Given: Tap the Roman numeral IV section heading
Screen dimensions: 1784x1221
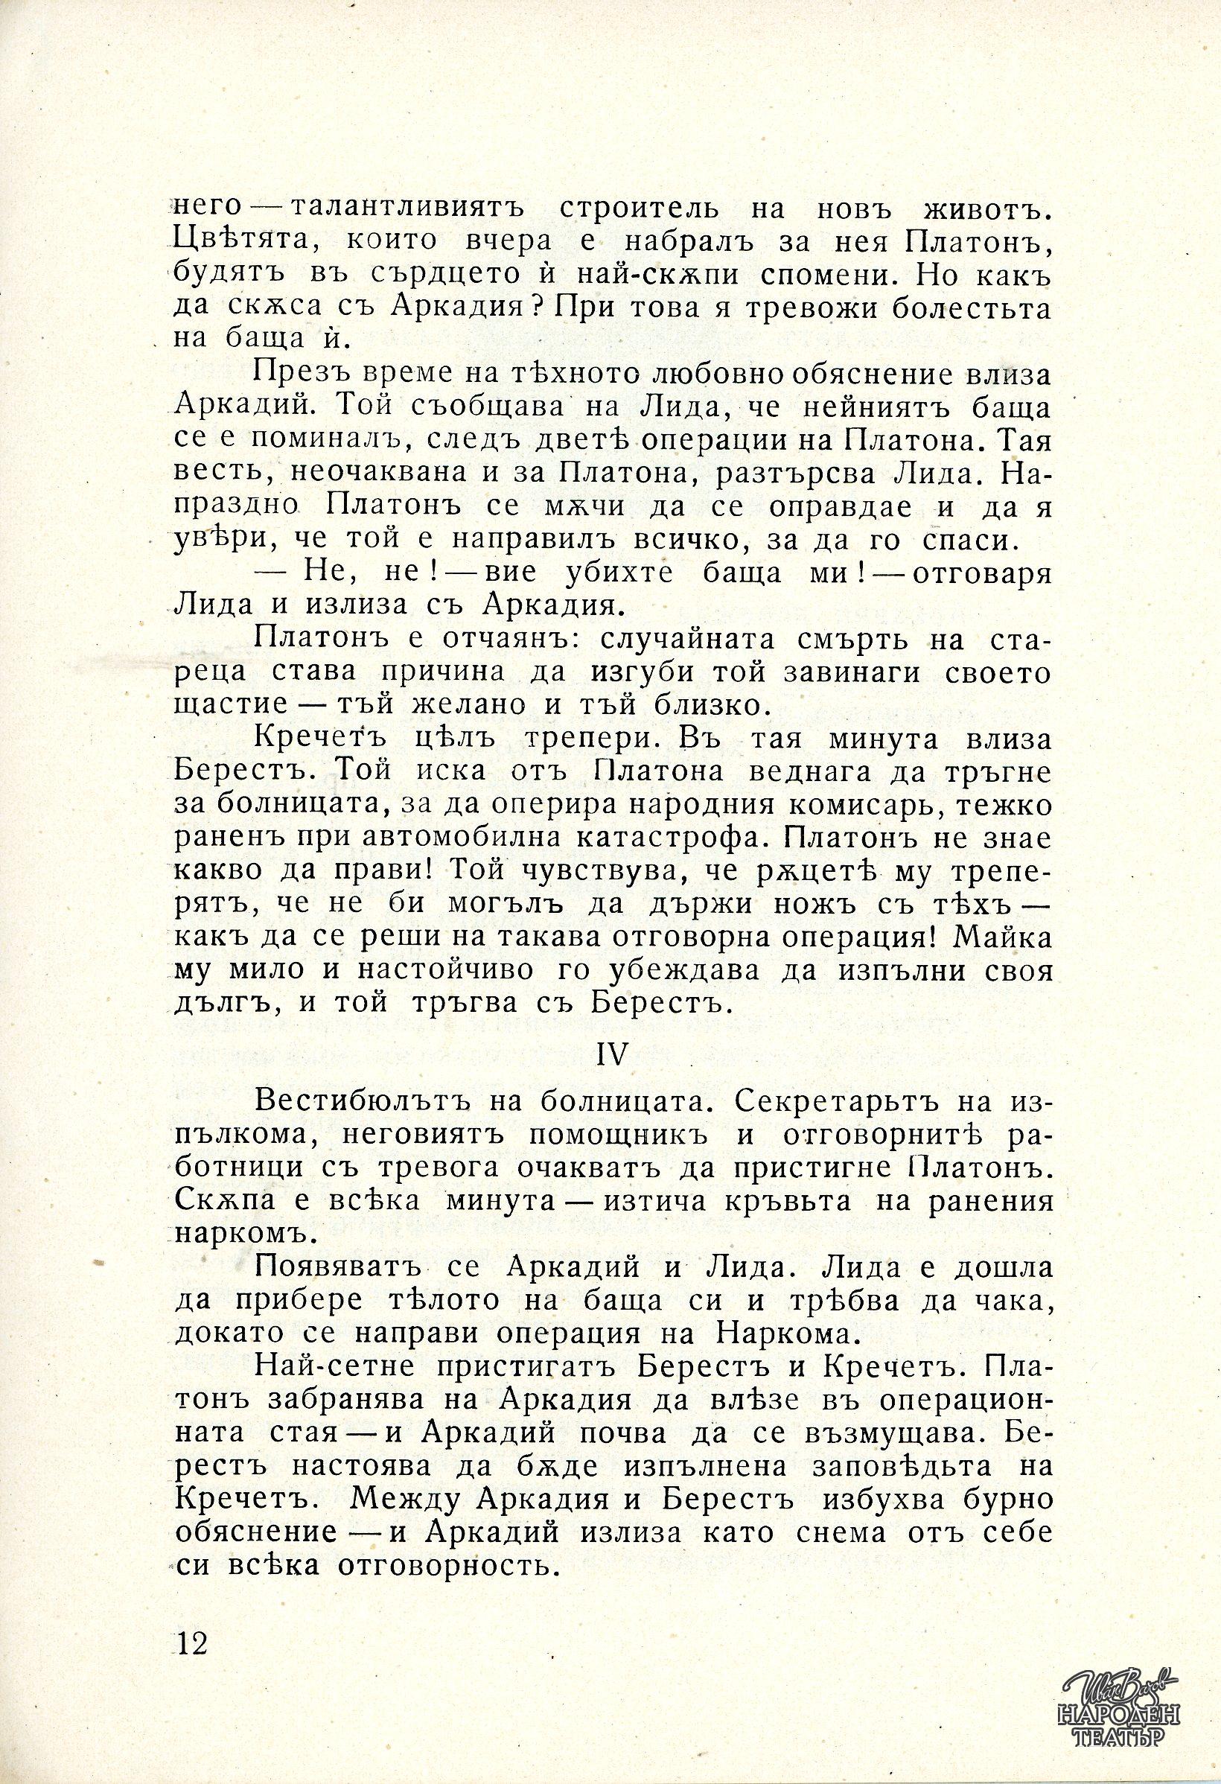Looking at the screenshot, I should (613, 1055).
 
